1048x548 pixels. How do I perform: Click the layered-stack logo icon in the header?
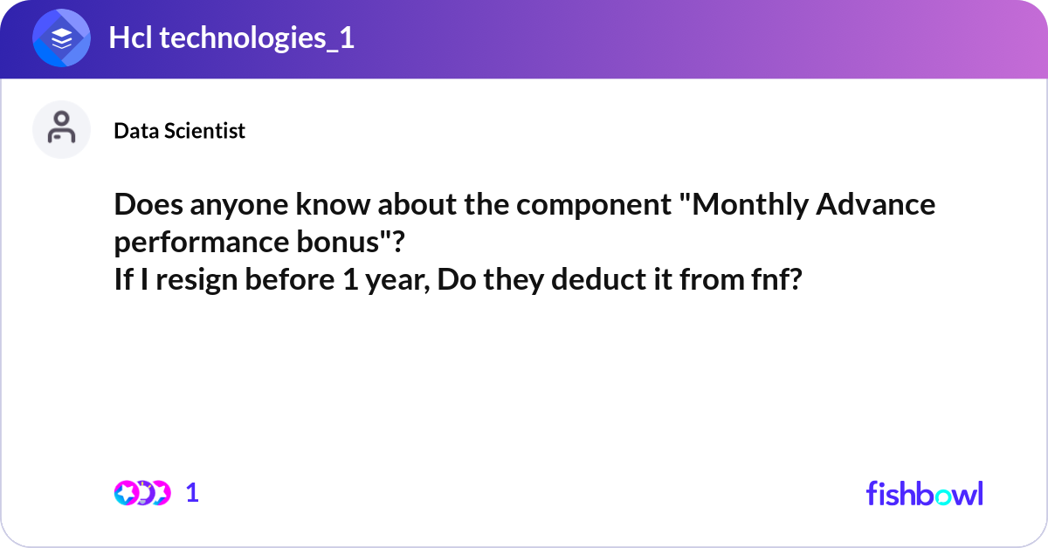tap(61, 39)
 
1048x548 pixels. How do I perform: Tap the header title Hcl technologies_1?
tap(231, 38)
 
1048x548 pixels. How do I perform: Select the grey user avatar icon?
tap(61, 129)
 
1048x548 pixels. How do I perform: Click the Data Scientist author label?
tap(179, 131)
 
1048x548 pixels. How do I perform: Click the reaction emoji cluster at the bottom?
tap(141, 493)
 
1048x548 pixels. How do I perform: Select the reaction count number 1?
tap(192, 493)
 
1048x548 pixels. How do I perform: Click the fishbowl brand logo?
tap(924, 493)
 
